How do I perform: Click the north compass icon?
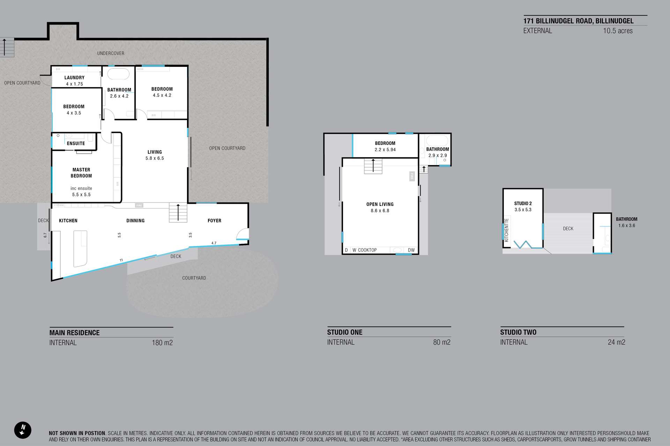pyautogui.click(x=23, y=430)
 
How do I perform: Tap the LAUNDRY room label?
pyautogui.click(x=74, y=78)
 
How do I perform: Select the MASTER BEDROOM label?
pyautogui.click(x=81, y=173)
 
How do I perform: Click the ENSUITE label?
pyautogui.click(x=76, y=143)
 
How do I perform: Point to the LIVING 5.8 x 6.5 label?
pyautogui.click(x=155, y=155)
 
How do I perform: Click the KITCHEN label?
pyautogui.click(x=68, y=221)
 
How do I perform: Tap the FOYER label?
pyautogui.click(x=214, y=221)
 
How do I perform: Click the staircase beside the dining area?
pyautogui.click(x=178, y=213)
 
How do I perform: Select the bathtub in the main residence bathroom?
pyautogui.click(x=118, y=74)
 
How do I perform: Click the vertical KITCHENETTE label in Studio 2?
pyautogui.click(x=506, y=230)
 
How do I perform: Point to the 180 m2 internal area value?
pyautogui.click(x=162, y=343)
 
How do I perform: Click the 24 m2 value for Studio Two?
pyautogui.click(x=616, y=342)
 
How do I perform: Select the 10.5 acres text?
pyautogui.click(x=618, y=31)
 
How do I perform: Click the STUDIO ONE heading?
pyautogui.click(x=345, y=332)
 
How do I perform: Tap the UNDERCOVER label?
pyautogui.click(x=111, y=53)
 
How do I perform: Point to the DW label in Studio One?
pyautogui.click(x=411, y=250)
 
